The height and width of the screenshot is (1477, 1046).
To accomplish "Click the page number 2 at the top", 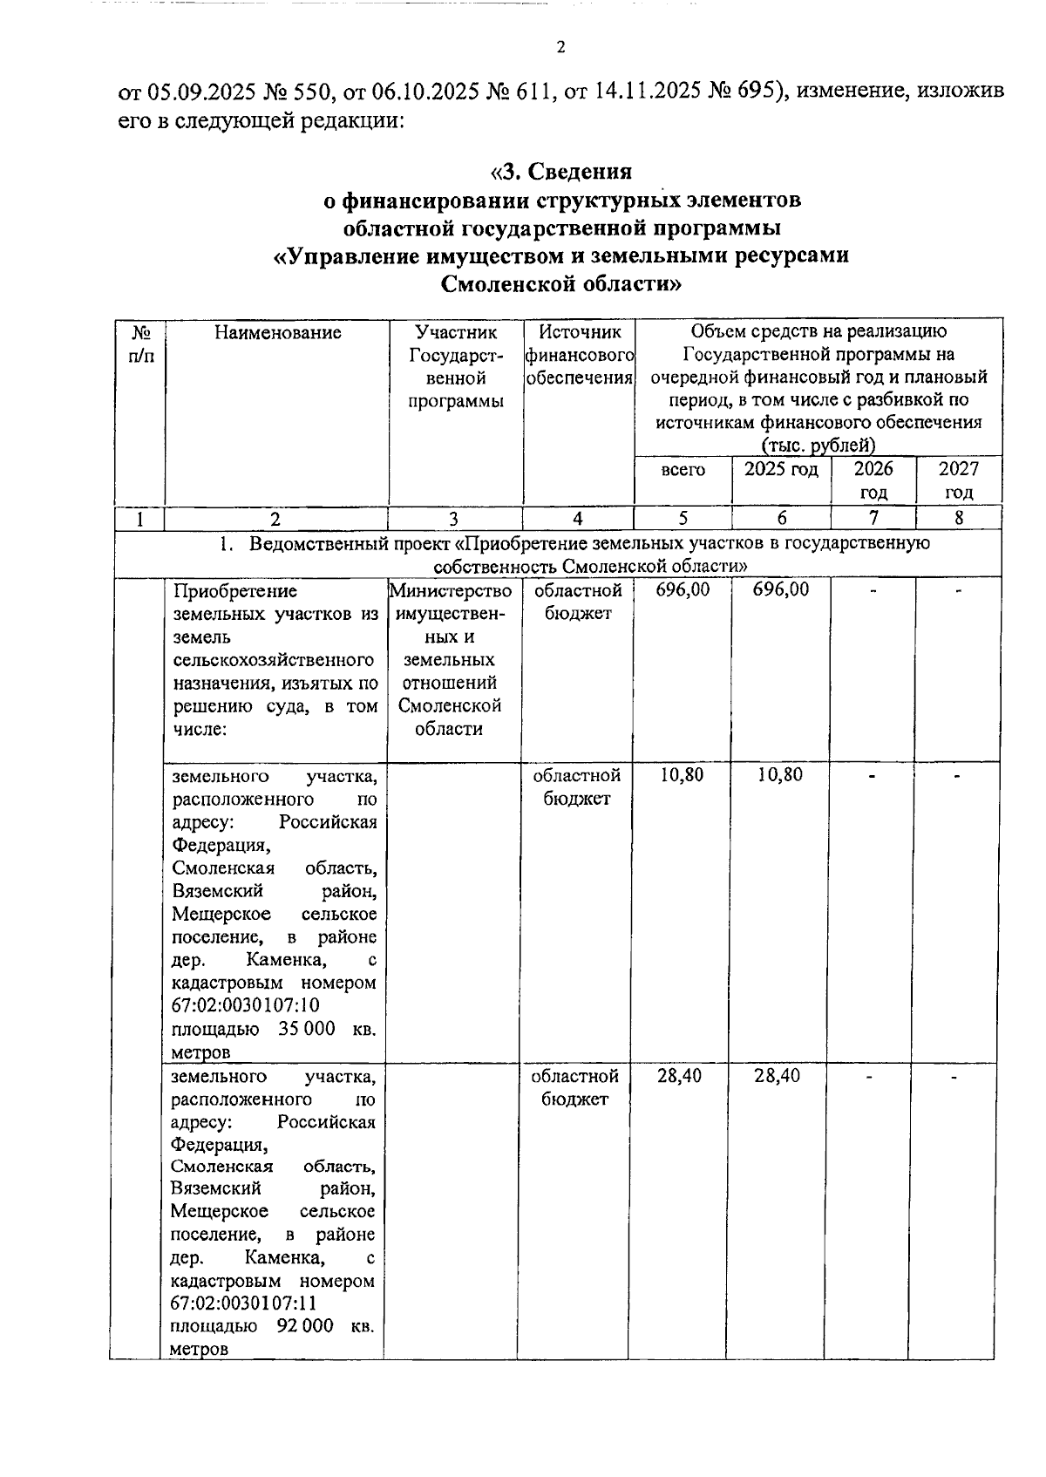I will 560,48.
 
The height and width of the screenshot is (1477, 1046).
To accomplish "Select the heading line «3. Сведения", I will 560,171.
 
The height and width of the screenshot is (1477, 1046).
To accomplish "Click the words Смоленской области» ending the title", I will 560,284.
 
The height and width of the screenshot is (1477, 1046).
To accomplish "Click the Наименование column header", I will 277,332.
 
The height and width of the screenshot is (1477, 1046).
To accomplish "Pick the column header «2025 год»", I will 781,469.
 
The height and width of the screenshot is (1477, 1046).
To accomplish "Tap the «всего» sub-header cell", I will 683,470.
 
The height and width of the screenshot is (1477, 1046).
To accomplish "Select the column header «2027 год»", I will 958,480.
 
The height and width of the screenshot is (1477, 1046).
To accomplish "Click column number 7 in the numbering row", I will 873,518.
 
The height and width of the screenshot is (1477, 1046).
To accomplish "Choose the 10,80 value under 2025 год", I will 779,775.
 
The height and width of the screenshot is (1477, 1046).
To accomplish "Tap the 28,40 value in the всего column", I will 680,1076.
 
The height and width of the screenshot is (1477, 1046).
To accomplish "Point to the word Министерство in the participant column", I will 451,591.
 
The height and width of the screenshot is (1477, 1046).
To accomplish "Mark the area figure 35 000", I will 307,1029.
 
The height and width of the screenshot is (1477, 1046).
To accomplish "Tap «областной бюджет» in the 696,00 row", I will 578,602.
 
